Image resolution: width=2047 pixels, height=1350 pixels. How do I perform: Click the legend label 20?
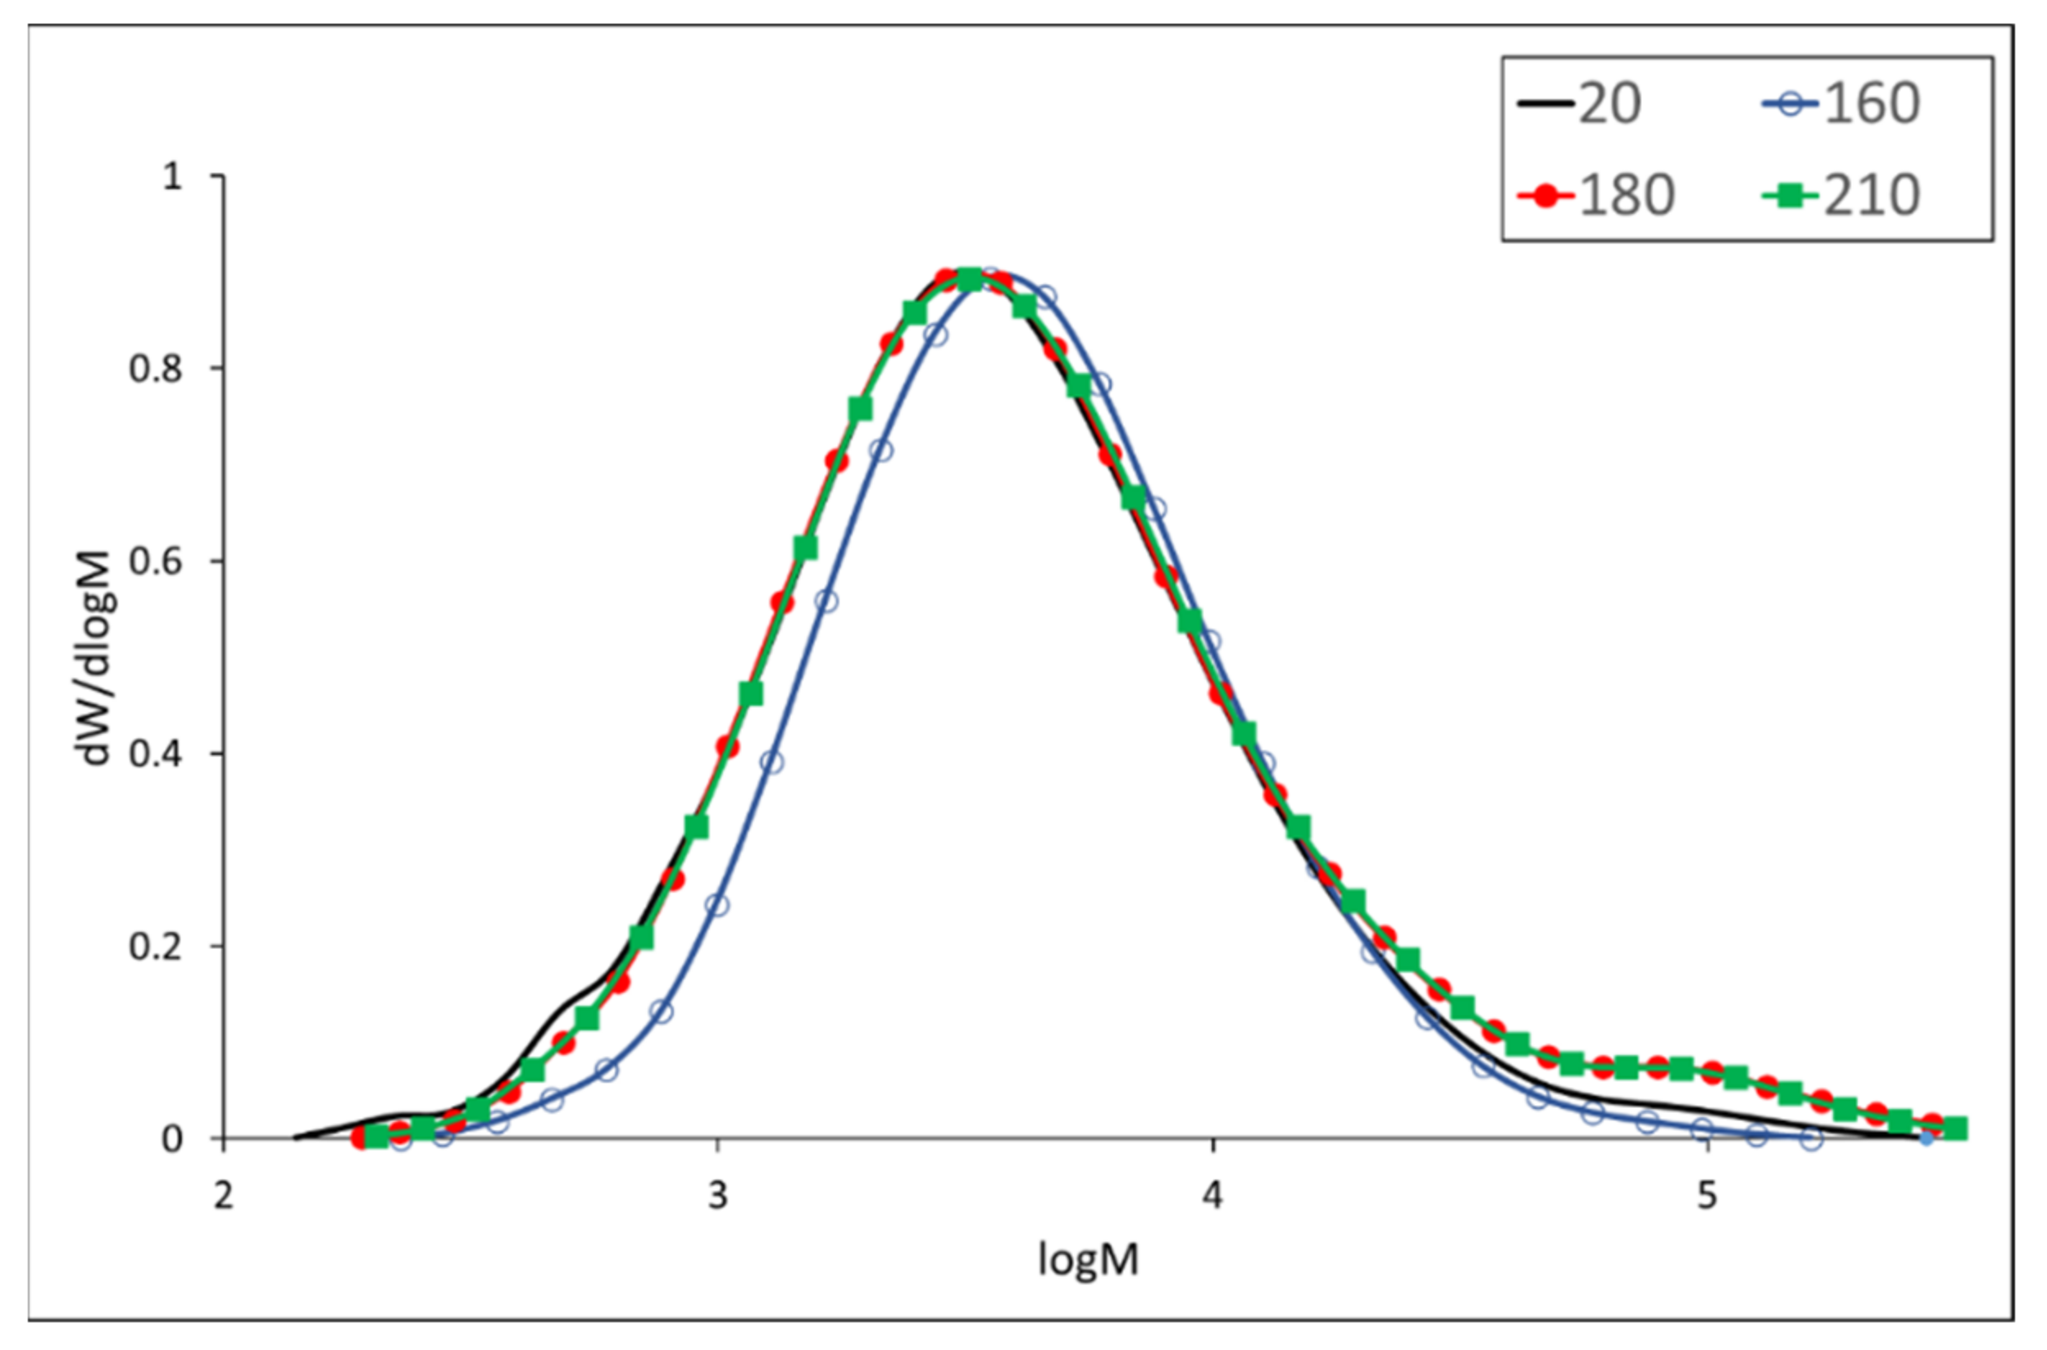click(x=1609, y=105)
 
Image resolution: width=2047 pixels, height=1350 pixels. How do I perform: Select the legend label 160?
click(x=1872, y=105)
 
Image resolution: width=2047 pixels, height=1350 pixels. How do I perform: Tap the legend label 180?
click(x=1626, y=196)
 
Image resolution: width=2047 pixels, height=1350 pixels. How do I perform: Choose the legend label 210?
click(x=1872, y=196)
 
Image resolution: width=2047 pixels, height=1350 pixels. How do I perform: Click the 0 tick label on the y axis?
click(x=172, y=1139)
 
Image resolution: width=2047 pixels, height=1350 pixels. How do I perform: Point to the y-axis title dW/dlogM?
click(x=95, y=659)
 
